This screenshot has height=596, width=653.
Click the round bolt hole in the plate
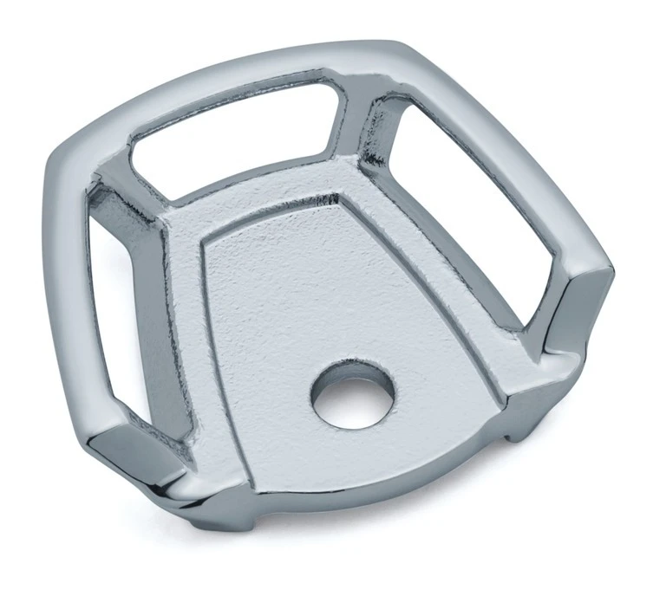[x=353, y=394]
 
